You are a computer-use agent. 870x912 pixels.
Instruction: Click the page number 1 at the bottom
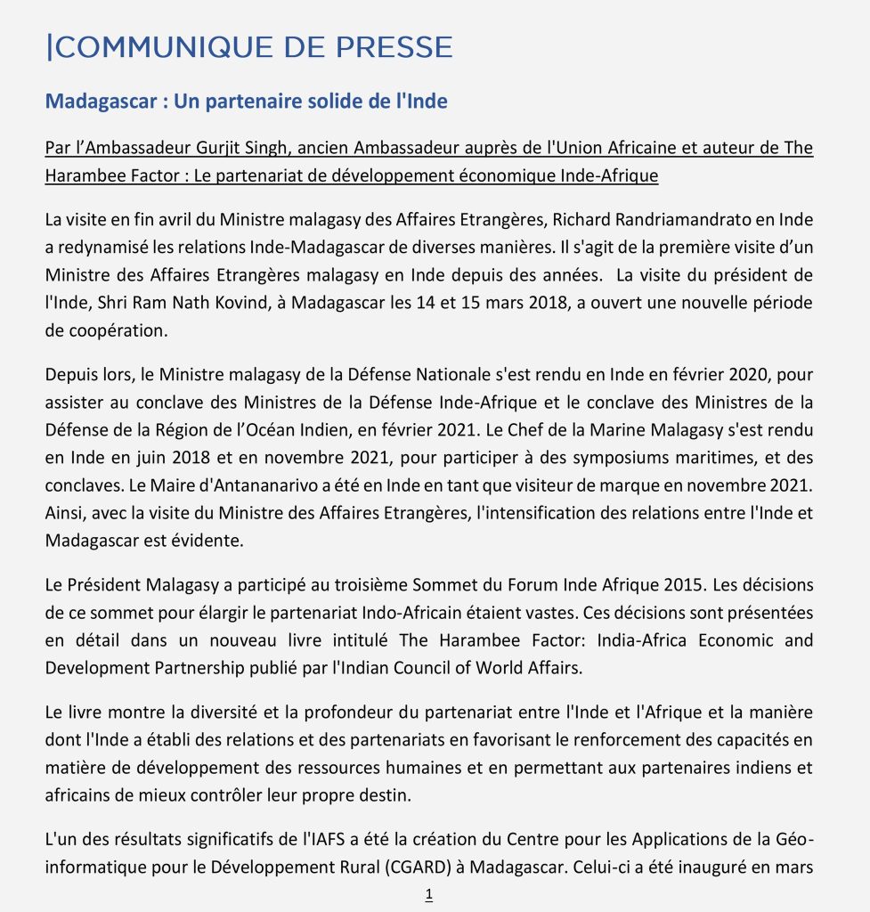click(429, 895)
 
